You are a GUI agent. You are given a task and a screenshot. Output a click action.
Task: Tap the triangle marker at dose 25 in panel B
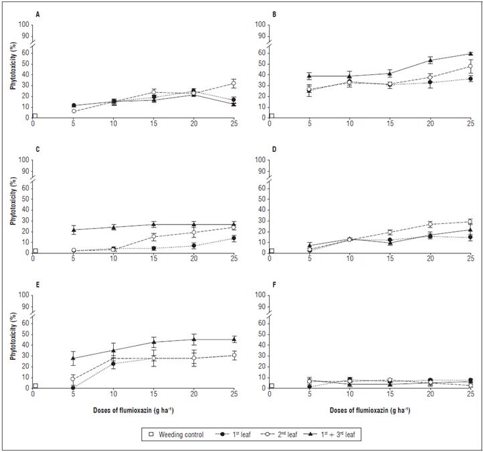470,53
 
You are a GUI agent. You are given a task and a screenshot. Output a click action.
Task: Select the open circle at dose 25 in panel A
233,84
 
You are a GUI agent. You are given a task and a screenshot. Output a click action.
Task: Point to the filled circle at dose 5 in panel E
74,387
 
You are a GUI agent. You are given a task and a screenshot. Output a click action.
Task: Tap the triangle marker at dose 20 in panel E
194,339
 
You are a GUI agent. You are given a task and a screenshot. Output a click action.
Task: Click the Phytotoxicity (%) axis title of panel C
10,201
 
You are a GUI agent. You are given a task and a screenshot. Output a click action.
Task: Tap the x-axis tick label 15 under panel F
390,394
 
